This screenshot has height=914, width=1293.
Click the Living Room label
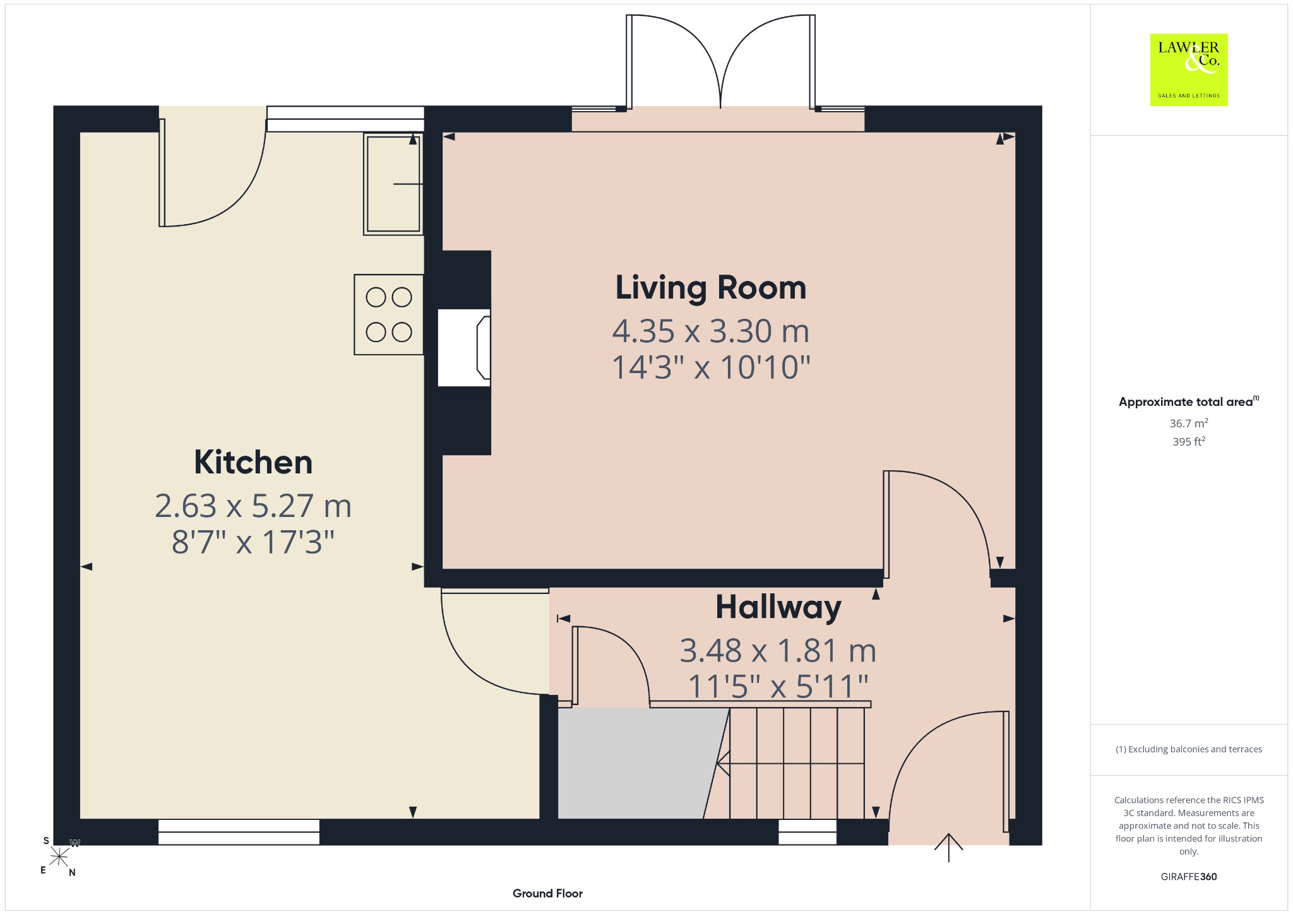coord(711,288)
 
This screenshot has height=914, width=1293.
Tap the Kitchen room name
coord(253,463)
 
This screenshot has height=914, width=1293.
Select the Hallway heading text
coord(778,607)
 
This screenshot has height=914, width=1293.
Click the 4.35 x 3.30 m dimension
coord(711,331)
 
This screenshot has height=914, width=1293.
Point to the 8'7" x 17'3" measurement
coord(253,542)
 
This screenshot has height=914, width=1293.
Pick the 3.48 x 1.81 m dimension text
coord(778,651)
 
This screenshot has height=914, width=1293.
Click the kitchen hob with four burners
coord(389,314)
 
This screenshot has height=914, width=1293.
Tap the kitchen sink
coord(393,184)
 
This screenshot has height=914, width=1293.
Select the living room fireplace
coord(464,347)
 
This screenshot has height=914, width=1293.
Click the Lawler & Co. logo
coord(1189,69)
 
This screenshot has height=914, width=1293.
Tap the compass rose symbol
coord(59,857)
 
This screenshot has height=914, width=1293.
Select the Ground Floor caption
coord(547,893)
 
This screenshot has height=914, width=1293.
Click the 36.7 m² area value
coord(1189,423)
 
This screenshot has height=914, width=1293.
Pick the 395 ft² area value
coord(1189,441)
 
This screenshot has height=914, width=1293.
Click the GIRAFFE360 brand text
coord(1189,876)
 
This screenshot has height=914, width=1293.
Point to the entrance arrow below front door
coord(948,848)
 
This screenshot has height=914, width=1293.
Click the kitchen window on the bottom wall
coord(239,832)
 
